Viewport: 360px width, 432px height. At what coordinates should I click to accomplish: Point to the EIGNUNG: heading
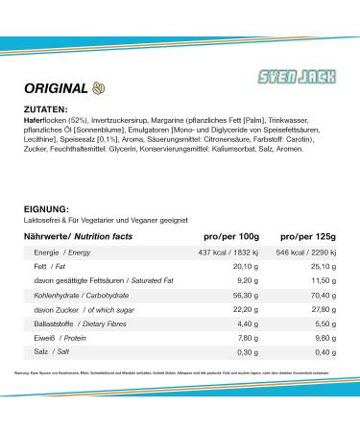(41, 207)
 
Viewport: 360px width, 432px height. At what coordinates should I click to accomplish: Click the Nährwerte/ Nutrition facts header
(77, 235)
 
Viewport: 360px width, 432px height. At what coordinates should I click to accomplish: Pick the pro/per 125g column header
(306, 235)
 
